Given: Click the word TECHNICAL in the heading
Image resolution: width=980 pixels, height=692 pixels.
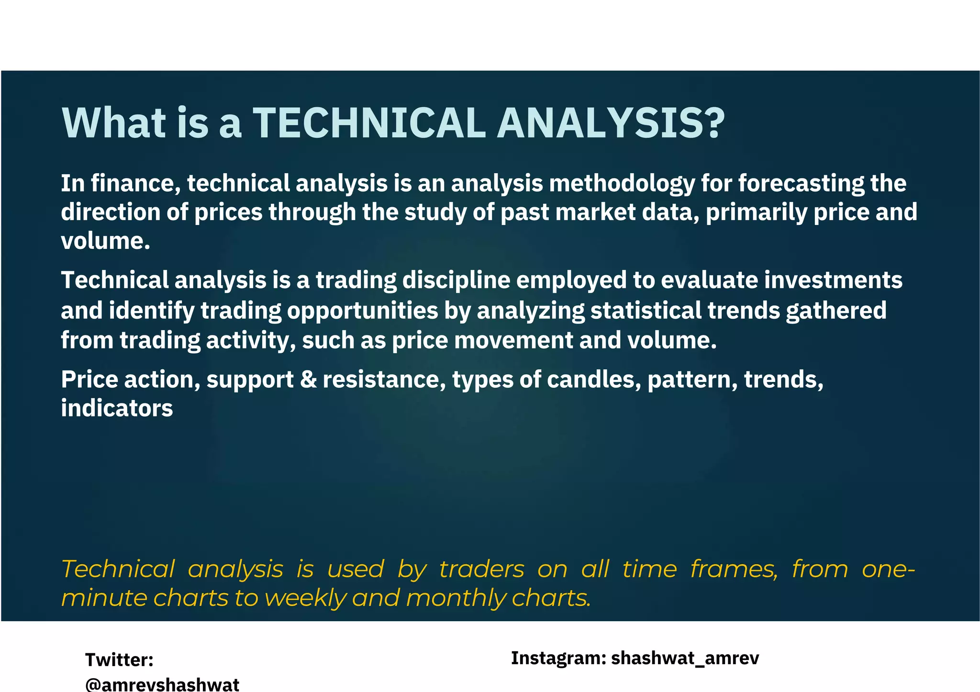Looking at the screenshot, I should tap(369, 123).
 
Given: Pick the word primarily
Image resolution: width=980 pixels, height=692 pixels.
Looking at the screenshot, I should tap(757, 213).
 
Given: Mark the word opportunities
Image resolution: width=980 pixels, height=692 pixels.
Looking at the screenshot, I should tap(362, 311).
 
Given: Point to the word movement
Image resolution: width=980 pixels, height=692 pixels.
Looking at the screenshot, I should tap(513, 341).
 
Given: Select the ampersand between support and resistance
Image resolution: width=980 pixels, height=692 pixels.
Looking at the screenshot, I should tap(308, 380).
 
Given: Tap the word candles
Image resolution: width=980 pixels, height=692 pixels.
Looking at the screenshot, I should tap(593, 380).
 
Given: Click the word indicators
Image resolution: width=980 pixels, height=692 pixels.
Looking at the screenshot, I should tap(117, 409).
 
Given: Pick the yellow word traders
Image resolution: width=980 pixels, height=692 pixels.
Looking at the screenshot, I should tap(481, 569).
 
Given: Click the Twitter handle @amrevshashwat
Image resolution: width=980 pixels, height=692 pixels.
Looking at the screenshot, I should tap(162, 684).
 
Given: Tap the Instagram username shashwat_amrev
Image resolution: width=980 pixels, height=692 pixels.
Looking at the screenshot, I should tap(685, 659).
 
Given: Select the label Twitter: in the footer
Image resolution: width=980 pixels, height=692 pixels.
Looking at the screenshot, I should tap(119, 660).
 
